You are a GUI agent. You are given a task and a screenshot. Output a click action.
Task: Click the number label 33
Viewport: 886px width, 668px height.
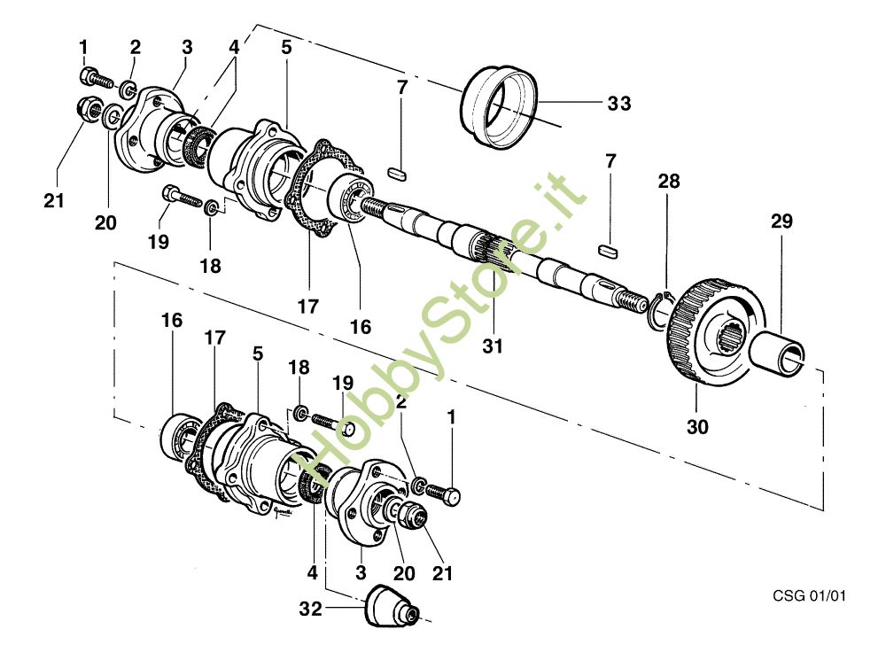618,104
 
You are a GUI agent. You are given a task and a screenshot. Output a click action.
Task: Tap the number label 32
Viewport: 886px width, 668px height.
310,609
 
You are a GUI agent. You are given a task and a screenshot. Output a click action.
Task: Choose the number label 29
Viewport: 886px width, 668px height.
781,221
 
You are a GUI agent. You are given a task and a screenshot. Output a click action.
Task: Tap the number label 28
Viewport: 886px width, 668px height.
668,181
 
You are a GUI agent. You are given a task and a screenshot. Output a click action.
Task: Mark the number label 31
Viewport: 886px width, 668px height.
492,346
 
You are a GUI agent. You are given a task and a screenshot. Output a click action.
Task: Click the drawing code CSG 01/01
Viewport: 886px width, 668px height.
809,595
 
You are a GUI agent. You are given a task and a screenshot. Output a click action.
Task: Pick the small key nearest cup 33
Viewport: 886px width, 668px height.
399,173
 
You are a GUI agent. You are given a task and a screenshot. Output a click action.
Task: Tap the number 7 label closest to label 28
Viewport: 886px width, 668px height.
610,160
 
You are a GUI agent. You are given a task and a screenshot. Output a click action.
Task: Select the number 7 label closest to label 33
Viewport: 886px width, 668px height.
401,88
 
